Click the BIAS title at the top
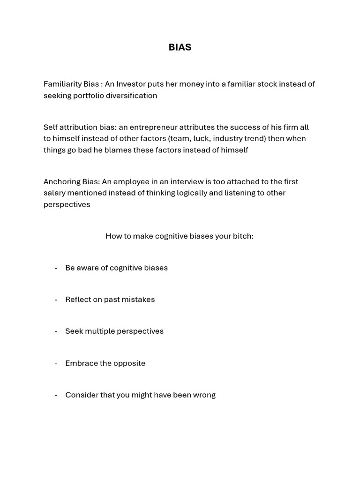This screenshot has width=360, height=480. [x=180, y=47]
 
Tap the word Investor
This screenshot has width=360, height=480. [x=131, y=84]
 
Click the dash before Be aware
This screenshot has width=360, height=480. [x=56, y=268]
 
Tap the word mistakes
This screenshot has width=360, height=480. [x=138, y=300]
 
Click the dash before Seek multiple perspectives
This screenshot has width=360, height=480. [x=56, y=331]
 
